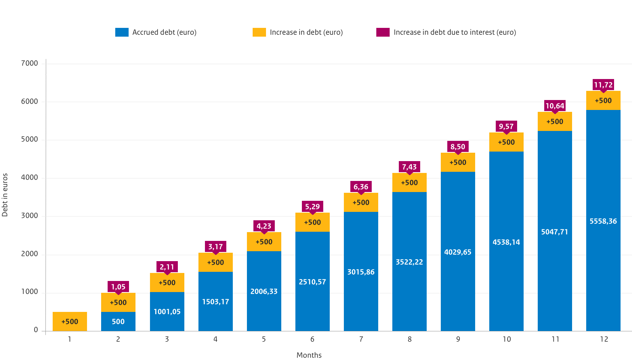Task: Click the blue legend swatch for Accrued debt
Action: [x=122, y=32]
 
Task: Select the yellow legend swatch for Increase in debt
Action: [x=259, y=32]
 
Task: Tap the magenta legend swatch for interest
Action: [x=383, y=32]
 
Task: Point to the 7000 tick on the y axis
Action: [x=30, y=63]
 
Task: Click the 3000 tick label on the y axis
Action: [x=30, y=216]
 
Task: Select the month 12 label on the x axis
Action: [x=604, y=339]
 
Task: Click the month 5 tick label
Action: [x=264, y=339]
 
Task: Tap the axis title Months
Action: [x=309, y=355]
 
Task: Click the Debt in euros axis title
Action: [x=5, y=195]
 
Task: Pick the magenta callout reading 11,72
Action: [x=603, y=85]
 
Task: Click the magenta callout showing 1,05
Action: [x=118, y=287]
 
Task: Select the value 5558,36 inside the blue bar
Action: [x=603, y=221]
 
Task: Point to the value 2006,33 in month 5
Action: [x=264, y=292]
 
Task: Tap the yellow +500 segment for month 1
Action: [x=70, y=321]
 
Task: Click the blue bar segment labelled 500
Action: [x=118, y=321]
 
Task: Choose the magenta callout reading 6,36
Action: [x=361, y=187]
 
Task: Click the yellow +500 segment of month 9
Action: [x=458, y=163]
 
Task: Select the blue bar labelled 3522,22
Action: [x=409, y=262]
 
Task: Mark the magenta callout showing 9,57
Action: [x=506, y=126]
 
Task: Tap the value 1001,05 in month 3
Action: [x=167, y=312]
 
